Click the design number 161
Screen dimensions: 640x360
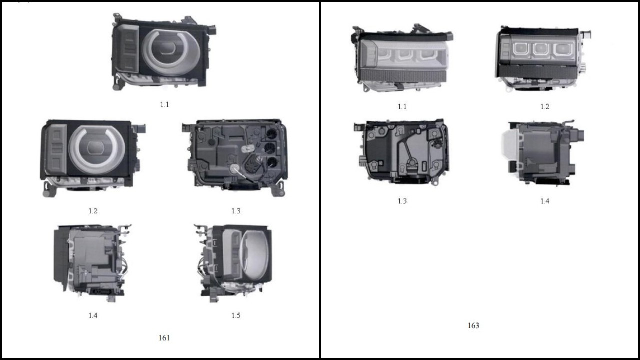point(164,338)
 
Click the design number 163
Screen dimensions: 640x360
point(473,325)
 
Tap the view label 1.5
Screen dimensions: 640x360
point(236,315)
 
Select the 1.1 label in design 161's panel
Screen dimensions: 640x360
point(164,105)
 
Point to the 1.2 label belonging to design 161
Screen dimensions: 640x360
point(93,211)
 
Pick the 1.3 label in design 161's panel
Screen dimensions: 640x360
point(236,211)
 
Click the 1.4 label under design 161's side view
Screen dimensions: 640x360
point(93,315)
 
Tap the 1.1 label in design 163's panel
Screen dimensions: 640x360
point(402,107)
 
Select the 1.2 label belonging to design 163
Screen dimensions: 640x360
point(545,107)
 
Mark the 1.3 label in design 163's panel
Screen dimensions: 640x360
point(402,201)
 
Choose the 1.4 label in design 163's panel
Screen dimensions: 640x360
point(545,201)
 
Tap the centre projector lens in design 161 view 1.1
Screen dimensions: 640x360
point(167,48)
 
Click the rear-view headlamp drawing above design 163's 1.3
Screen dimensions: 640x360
point(401,152)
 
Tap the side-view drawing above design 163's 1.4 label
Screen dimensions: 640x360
point(543,153)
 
